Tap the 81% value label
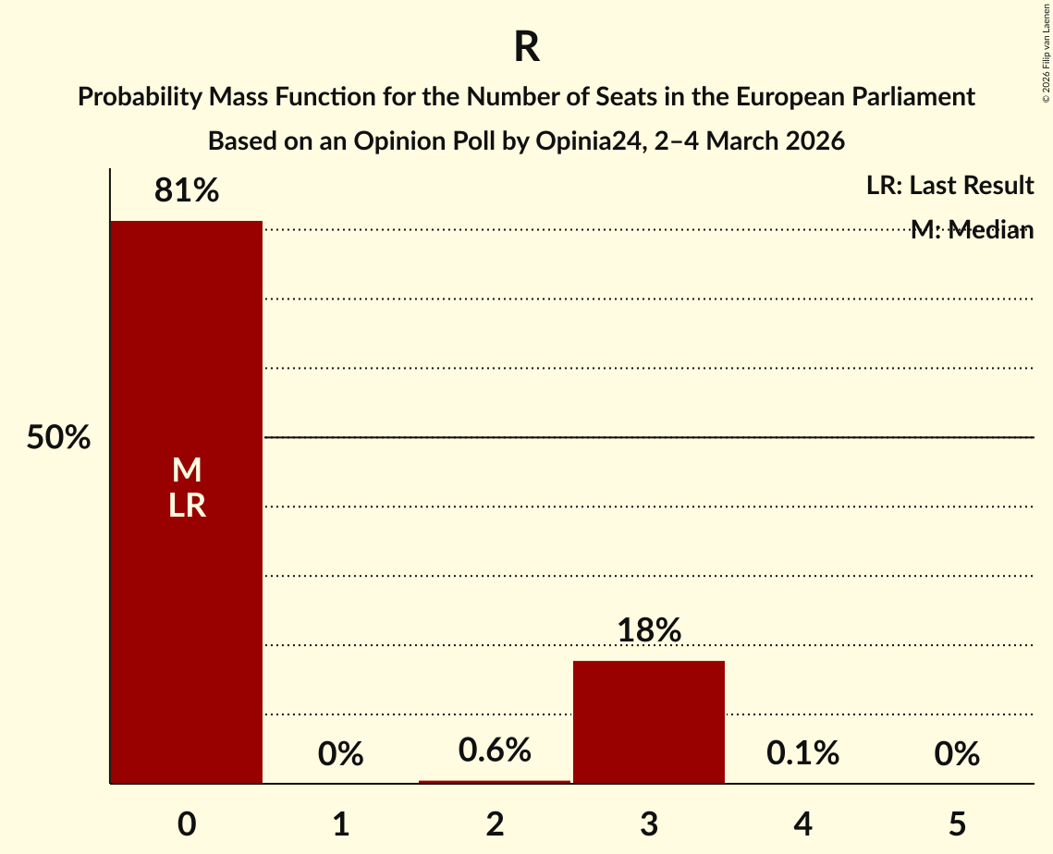pyautogui.click(x=187, y=191)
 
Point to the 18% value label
pyautogui.click(x=649, y=630)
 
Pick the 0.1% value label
pyautogui.click(x=802, y=753)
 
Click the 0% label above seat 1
pyautogui.click(x=340, y=754)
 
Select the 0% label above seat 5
pyautogui.click(x=956, y=754)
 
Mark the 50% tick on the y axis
pyautogui.click(x=58, y=438)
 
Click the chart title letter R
pyautogui.click(x=527, y=48)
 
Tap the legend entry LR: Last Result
pyautogui.click(x=949, y=186)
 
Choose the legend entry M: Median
pyautogui.click(x=972, y=230)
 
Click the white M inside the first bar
pyautogui.click(x=187, y=470)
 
